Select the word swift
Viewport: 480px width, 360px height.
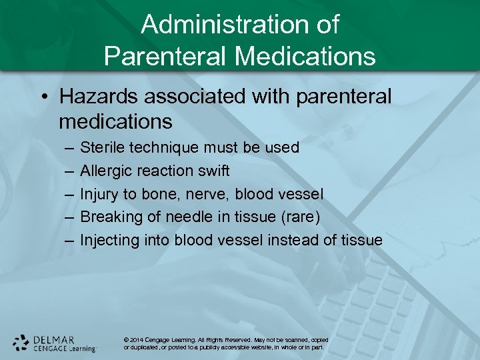point(213,171)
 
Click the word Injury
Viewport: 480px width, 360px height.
point(98,194)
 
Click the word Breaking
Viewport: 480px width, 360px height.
point(109,217)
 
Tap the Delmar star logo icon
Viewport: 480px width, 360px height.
point(21,342)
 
